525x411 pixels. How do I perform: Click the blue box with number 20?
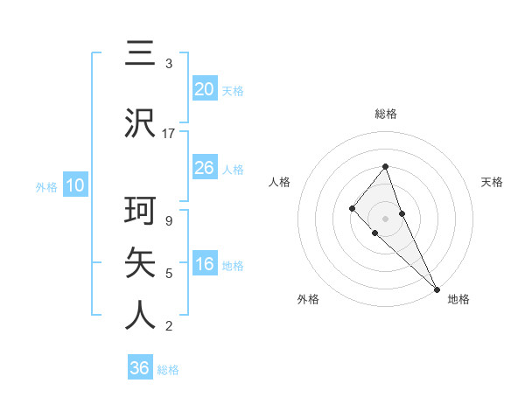point(205,89)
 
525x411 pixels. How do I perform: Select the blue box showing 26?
point(205,168)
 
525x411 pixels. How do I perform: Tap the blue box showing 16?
point(205,265)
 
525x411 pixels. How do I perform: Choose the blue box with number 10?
point(74,185)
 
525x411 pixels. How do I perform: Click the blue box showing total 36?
point(140,368)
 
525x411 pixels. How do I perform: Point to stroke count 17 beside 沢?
point(169,134)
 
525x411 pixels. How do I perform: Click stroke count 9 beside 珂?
point(168,220)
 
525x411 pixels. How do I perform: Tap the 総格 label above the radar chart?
point(386,114)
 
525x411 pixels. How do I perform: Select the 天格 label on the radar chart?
point(492,182)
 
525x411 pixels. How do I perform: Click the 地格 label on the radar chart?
point(458,299)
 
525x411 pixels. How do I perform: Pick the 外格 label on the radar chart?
point(308,299)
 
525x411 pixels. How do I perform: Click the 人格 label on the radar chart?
point(280,182)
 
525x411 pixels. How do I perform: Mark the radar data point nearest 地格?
point(436,288)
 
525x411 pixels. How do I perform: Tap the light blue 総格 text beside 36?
point(168,370)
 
